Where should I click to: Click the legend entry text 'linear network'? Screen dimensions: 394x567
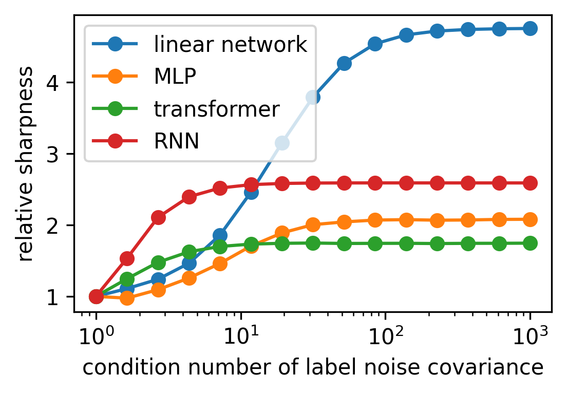231,45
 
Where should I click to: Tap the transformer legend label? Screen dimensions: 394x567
217,108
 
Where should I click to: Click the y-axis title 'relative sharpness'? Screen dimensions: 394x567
27,163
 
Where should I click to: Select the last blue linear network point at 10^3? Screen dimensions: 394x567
530,28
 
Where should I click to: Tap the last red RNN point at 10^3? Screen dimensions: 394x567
530,183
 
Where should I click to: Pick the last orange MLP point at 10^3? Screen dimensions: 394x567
530,219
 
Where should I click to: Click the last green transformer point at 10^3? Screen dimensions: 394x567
530,243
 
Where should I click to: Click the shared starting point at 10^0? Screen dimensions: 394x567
96,296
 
